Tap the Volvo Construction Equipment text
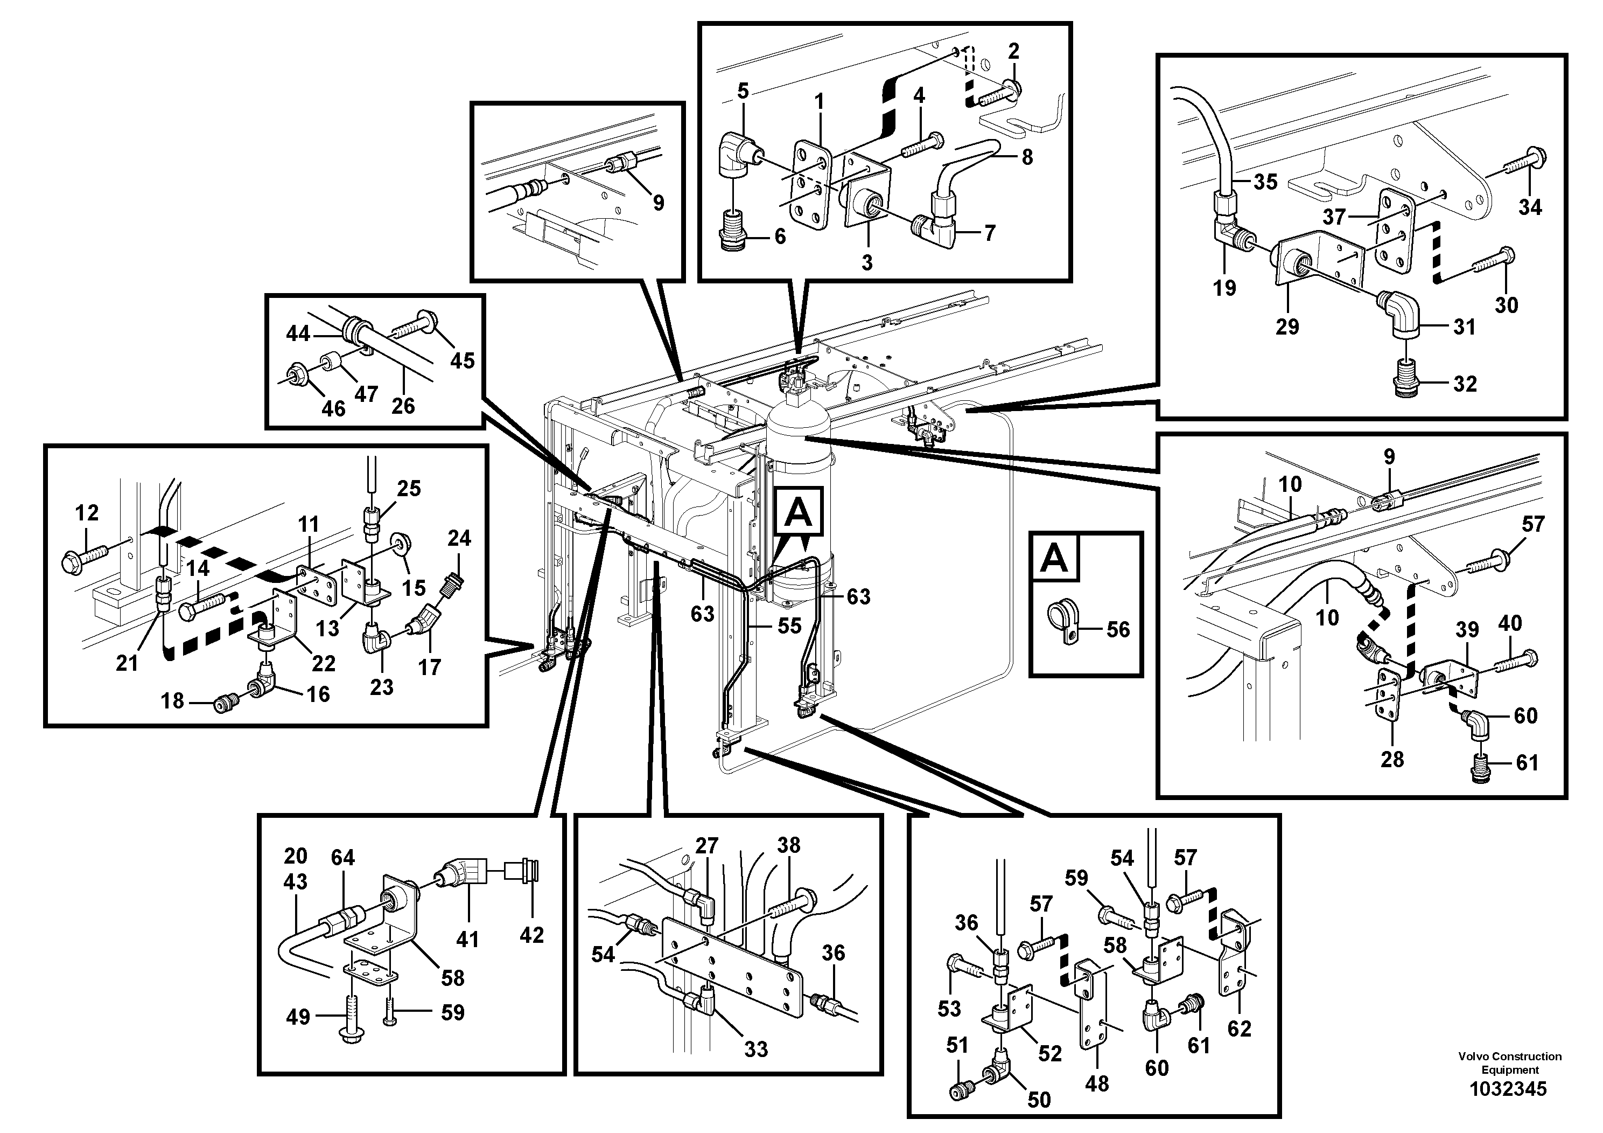(1509, 1063)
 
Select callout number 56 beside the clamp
(1118, 629)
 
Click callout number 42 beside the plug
(531, 935)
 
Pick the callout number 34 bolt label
(1530, 207)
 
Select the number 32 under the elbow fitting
(1465, 384)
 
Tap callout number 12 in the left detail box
(87, 513)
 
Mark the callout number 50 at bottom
(1039, 1100)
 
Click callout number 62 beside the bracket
(1239, 1028)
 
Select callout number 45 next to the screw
(461, 360)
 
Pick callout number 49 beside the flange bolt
(298, 1017)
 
